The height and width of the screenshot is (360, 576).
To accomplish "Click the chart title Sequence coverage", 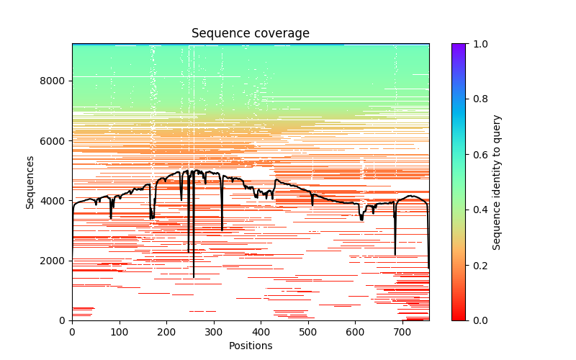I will pos(251,34).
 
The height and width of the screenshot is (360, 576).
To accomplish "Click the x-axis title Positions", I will pos(251,346).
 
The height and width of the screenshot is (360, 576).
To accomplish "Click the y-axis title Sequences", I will pos(30,182).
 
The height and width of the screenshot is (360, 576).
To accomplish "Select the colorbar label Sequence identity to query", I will pos(497,182).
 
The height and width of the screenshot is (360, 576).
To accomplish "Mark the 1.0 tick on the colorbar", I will pos(466,44).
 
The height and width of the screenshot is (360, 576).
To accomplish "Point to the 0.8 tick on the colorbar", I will pos(466,99).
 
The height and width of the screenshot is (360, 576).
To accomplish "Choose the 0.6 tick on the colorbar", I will pos(466,155).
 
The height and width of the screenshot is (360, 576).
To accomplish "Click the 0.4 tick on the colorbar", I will pos(466,210).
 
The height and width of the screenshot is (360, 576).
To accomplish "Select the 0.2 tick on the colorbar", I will pos(466,265).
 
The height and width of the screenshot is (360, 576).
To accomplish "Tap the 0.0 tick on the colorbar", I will pos(466,320).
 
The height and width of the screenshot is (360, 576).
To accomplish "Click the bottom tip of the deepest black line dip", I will pos(194,277).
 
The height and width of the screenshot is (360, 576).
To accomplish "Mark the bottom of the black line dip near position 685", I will pos(395,255).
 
